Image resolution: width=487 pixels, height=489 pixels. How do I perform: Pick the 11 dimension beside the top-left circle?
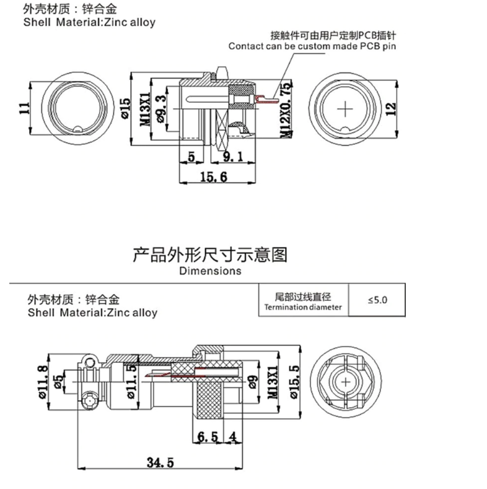coord(24,107)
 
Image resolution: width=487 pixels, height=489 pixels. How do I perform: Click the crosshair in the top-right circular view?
coord(346,108)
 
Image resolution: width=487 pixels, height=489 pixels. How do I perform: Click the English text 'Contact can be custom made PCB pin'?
coord(312,46)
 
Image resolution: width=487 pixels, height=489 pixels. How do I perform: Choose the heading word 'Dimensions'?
coord(210,270)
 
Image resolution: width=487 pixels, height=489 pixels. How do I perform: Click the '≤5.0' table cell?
coord(377,300)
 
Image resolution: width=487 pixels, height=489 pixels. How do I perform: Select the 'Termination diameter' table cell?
coord(303,301)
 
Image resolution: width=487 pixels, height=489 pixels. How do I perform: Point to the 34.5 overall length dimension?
coord(160,461)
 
